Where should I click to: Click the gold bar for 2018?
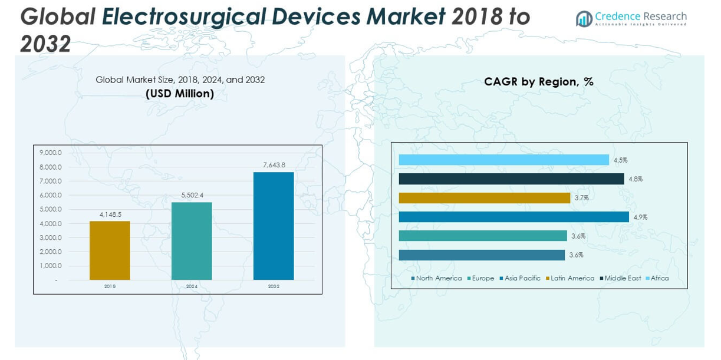tap(110, 250)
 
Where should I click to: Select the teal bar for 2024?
tap(192, 241)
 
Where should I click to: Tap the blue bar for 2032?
tap(274, 226)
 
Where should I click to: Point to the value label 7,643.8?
tap(274, 165)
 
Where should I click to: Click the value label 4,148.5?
tap(110, 214)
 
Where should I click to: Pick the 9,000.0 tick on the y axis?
tap(51, 153)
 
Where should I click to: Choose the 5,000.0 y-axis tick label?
tap(51, 209)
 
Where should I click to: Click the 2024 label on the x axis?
tap(192, 286)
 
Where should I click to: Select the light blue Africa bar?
tap(503, 160)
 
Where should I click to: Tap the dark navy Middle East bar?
tap(511, 179)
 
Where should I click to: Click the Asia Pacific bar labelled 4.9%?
tap(513, 217)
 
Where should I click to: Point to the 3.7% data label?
tap(582, 198)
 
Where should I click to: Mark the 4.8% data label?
tap(636, 179)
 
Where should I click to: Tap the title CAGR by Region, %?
tap(538, 82)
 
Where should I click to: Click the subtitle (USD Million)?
tap(180, 94)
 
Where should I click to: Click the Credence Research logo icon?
tap(584, 19)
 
